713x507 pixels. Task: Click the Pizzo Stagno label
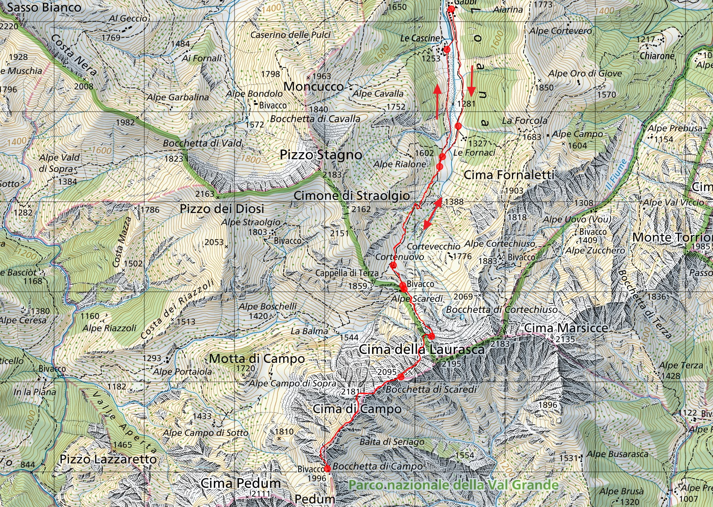click(x=321, y=155)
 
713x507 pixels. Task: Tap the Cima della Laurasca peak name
click(x=421, y=349)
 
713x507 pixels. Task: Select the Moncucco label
click(x=313, y=86)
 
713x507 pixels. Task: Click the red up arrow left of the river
click(x=437, y=101)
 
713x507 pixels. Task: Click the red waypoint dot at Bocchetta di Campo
click(x=327, y=469)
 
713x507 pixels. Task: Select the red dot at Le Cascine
click(x=447, y=49)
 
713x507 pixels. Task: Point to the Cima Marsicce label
click(x=566, y=328)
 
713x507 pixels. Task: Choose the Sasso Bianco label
click(x=44, y=7)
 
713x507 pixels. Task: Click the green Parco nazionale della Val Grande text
click(x=453, y=485)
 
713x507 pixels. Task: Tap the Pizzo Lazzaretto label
click(x=108, y=459)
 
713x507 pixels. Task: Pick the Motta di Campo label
click(x=257, y=359)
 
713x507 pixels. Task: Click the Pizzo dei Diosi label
click(x=222, y=209)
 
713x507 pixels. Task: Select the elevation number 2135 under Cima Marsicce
click(x=566, y=339)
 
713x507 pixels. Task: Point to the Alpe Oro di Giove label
click(x=584, y=73)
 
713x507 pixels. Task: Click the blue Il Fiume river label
click(x=616, y=175)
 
